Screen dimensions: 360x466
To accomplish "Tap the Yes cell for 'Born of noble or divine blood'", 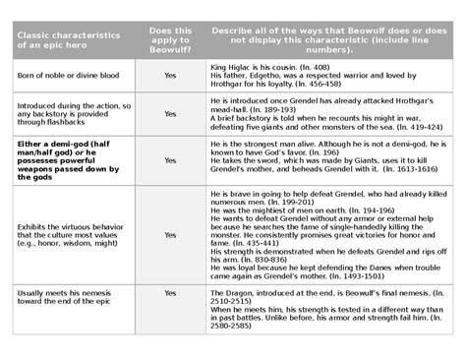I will click(170, 75).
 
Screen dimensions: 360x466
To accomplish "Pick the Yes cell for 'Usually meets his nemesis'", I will click(170, 293).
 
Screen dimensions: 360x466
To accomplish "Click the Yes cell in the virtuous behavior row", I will click(170, 235).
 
